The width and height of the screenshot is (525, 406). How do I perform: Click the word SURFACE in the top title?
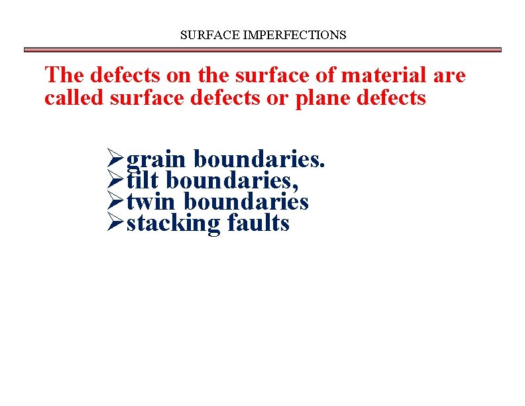coord(203,34)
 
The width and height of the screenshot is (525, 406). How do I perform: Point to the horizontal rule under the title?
coord(262,50)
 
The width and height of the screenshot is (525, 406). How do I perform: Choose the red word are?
coord(449,75)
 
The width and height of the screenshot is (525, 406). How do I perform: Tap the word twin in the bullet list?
coord(152,201)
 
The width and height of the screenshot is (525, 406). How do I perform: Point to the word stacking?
coord(172,224)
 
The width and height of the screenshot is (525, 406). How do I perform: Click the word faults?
coord(258,222)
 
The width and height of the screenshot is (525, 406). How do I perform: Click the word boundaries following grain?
coord(259,159)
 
